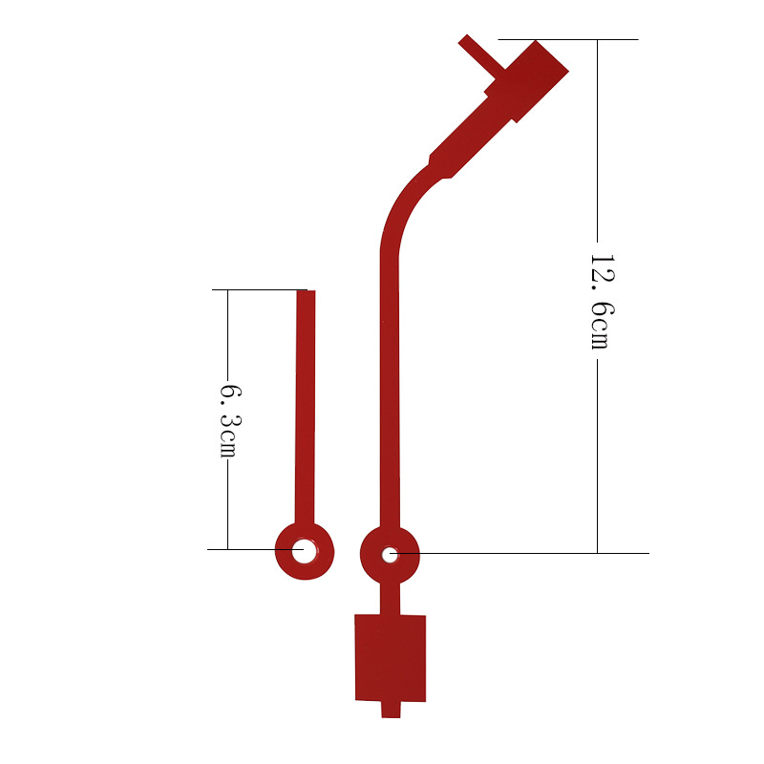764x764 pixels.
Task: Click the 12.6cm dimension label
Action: (x=603, y=301)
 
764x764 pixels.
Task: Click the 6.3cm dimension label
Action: (x=230, y=422)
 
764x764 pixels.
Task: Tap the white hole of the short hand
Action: (x=304, y=551)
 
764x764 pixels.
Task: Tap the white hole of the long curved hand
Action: (x=390, y=555)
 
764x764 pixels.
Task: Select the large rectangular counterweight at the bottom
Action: (x=391, y=658)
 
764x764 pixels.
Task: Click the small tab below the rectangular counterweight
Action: (x=391, y=710)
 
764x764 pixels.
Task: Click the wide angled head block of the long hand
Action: (x=526, y=82)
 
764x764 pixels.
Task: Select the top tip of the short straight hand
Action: (x=306, y=291)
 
